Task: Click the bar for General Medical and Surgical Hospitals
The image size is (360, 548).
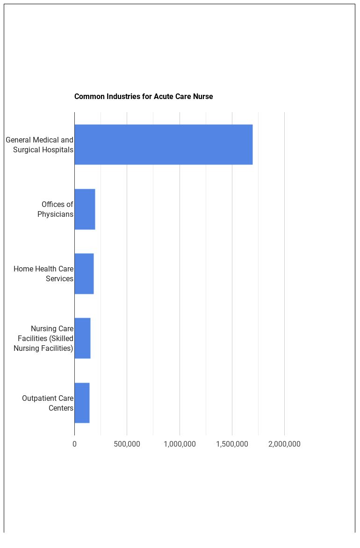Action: click(x=163, y=144)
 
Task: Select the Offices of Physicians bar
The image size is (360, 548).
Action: click(x=85, y=209)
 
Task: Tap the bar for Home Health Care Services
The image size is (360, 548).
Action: click(x=84, y=273)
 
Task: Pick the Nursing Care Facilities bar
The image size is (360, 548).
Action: click(x=82, y=338)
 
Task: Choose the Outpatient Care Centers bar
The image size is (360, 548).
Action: click(x=82, y=403)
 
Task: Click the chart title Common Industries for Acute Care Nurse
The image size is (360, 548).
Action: click(x=144, y=97)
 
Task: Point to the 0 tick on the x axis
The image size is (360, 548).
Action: click(x=74, y=444)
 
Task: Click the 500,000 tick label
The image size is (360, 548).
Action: click(x=127, y=444)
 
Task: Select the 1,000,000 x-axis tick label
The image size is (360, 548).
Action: click(x=180, y=444)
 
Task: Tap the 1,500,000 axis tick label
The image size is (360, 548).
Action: click(x=232, y=444)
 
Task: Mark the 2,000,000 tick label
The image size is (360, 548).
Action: click(x=284, y=444)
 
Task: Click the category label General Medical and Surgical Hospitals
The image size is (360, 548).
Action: click(x=40, y=145)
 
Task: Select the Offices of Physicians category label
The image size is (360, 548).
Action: click(x=56, y=209)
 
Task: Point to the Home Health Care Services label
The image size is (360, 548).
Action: click(x=43, y=274)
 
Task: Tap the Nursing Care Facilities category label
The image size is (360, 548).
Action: click(x=43, y=338)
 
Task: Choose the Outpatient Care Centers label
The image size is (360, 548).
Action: click(x=48, y=403)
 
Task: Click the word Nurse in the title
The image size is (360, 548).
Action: click(x=203, y=97)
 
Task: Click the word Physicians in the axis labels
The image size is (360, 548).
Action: click(x=55, y=214)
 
